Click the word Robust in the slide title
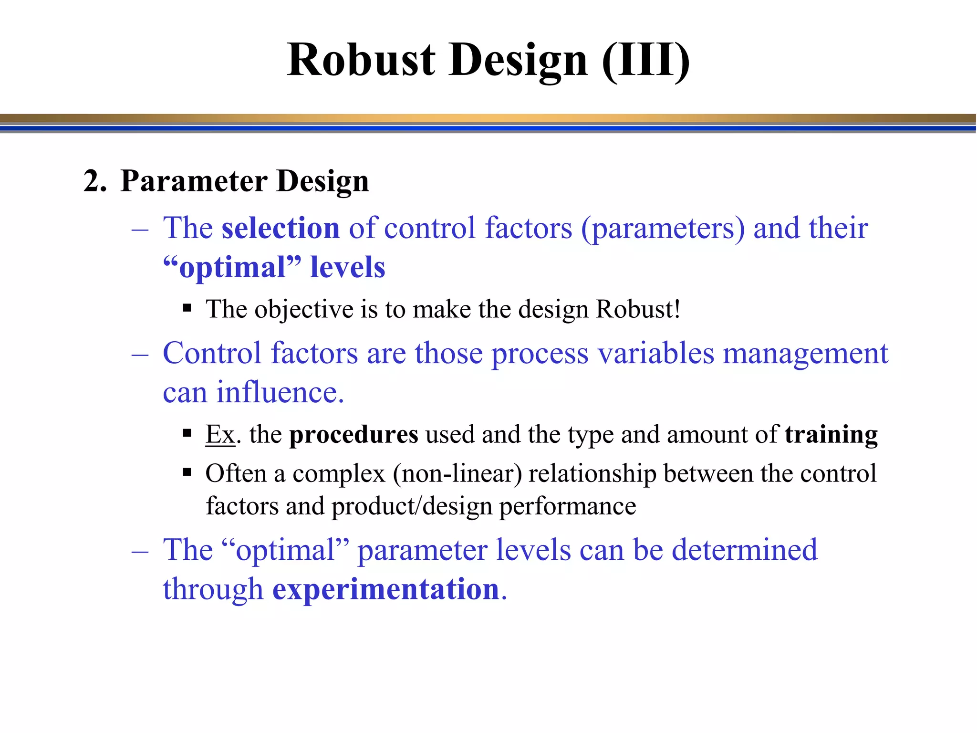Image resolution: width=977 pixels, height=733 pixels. click(361, 60)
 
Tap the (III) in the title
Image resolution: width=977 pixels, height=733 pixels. click(645, 60)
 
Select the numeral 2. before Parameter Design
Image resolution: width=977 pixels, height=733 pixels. click(94, 181)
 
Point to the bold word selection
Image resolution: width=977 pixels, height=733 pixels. click(281, 228)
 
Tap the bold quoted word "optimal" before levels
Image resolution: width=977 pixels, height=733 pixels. click(232, 267)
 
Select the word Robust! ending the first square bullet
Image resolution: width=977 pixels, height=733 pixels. click(638, 309)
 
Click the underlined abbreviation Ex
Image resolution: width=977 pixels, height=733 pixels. click(220, 435)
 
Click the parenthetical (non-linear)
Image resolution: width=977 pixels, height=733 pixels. click(457, 474)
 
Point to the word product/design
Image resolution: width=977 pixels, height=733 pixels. click(411, 506)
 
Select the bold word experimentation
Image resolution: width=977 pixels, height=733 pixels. click(385, 589)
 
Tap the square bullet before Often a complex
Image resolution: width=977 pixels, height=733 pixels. click(187, 473)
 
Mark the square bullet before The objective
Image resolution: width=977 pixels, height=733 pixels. click(187, 308)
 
